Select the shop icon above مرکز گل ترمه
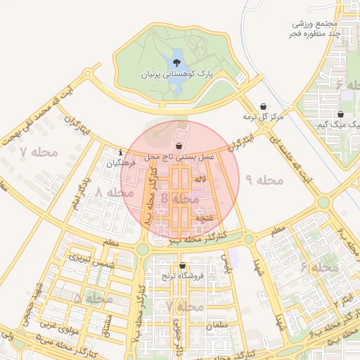264,106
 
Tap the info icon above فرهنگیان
122,153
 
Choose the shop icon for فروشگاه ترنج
183,266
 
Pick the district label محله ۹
264,180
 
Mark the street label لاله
202,181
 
